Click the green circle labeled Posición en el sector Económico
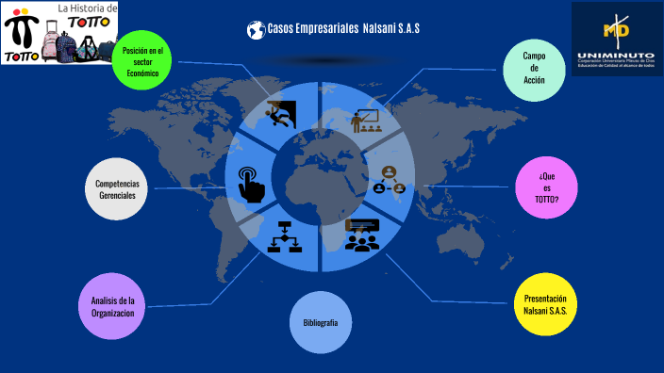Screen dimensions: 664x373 tap(141, 60)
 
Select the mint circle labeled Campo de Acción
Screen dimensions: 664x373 tap(535, 69)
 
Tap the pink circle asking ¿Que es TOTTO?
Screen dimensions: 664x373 tap(546, 186)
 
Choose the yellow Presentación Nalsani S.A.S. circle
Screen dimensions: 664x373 tap(545, 304)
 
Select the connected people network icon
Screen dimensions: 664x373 tap(389, 179)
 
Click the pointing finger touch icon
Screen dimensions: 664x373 tap(251, 183)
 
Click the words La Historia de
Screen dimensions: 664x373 tap(88, 8)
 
